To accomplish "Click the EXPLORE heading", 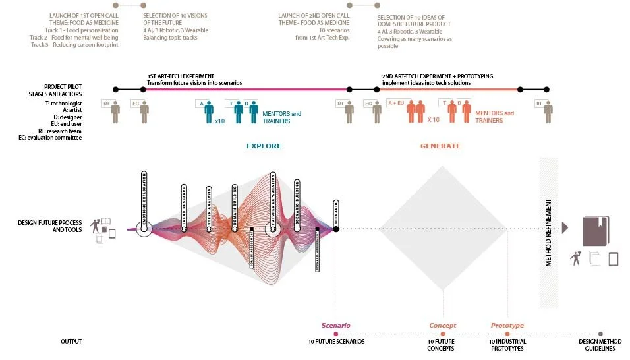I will pyautogui.click(x=264, y=146).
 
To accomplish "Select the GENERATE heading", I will pyautogui.click(x=440, y=146).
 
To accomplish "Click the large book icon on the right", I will pyautogui.click(x=596, y=231).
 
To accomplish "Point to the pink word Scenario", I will pyautogui.click(x=335, y=326).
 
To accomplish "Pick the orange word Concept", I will pyautogui.click(x=443, y=326).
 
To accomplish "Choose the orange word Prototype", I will pyautogui.click(x=507, y=326).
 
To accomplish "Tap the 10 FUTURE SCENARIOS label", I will pyautogui.click(x=336, y=342).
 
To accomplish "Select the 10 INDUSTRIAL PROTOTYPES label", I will pyautogui.click(x=507, y=345).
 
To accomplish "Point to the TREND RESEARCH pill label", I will pyautogui.click(x=184, y=204).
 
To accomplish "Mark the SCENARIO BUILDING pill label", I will pyautogui.click(x=297, y=200).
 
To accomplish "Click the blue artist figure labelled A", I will pyautogui.click(x=209, y=111).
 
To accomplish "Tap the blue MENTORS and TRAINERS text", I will pyautogui.click(x=281, y=117).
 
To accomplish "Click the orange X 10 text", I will pyautogui.click(x=433, y=120).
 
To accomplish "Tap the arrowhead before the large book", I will pyautogui.click(x=564, y=228).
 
